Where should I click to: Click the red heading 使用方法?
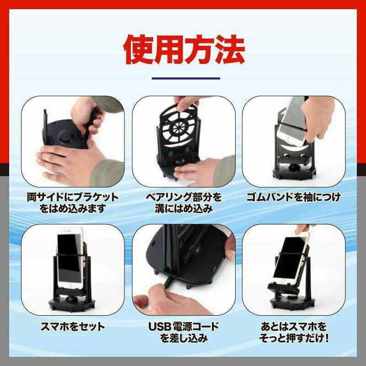coord(184,50)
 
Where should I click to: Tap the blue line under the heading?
coord(186,78)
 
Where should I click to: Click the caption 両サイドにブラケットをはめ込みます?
coord(73,203)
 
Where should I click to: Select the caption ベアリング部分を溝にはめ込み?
coord(184,203)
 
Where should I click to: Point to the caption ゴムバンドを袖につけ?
coord(294,198)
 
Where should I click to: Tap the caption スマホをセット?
coord(73,326)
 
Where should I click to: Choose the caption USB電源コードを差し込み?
coord(184,332)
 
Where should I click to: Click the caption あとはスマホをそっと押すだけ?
coord(294,332)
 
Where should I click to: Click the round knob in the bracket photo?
coord(65,136)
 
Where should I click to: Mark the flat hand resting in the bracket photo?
coord(70,163)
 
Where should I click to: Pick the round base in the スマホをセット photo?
coord(72,304)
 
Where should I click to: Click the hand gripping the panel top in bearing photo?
coord(187,102)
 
